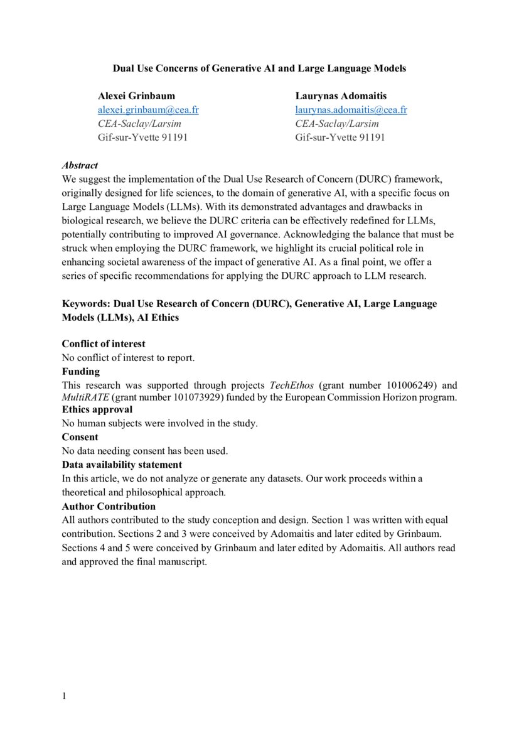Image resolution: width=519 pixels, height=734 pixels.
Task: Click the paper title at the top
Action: pos(259,68)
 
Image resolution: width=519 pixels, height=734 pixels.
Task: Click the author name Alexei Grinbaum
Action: pos(136,96)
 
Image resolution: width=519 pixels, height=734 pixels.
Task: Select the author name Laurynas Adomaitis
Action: pos(341,96)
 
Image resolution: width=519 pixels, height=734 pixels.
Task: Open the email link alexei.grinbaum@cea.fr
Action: pos(148,110)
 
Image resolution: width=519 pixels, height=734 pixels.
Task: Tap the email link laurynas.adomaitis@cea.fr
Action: pos(351,110)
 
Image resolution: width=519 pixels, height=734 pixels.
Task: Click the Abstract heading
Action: pos(80,166)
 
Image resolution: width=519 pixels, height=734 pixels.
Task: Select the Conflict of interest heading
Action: pos(103,344)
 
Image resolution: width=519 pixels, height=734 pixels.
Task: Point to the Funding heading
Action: pos(80,371)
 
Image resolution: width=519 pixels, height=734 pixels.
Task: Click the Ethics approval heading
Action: pos(97,409)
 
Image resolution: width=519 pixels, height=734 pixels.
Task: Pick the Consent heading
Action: pos(80,437)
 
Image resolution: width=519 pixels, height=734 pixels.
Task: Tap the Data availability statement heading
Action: pos(122,465)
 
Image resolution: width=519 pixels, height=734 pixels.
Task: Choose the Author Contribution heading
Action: pos(109,506)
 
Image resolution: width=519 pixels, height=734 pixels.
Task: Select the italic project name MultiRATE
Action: pos(85,397)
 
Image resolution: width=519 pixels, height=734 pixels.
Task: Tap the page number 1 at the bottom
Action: pos(64,696)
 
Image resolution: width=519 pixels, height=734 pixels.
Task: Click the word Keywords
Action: pos(85,304)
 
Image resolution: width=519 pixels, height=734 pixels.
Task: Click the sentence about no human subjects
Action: pos(159,423)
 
